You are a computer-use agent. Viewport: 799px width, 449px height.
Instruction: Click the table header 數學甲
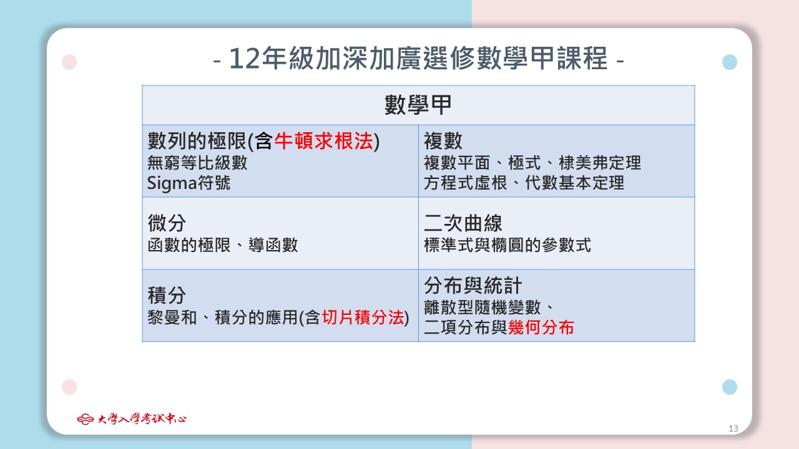(x=418, y=105)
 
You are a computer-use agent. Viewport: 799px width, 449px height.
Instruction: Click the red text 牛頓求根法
(x=324, y=141)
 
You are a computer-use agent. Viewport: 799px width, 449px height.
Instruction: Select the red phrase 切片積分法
(x=363, y=317)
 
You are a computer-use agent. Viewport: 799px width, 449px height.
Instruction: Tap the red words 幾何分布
(x=541, y=327)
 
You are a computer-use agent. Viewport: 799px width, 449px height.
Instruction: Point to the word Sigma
(x=172, y=183)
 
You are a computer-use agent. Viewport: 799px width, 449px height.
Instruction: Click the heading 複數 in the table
(x=443, y=141)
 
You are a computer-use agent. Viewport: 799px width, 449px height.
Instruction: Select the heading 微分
(x=167, y=223)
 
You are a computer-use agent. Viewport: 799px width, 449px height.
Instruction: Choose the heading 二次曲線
(x=463, y=223)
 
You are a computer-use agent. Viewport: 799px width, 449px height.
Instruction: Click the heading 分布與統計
(x=473, y=286)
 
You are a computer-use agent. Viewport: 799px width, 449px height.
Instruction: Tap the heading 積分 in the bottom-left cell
(x=167, y=296)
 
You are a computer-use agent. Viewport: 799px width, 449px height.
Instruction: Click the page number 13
(x=733, y=428)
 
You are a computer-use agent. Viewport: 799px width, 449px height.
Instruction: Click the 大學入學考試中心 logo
(x=132, y=418)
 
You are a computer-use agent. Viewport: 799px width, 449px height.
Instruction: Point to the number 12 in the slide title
(x=244, y=59)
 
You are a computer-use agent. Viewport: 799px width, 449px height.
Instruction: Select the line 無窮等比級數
(x=197, y=163)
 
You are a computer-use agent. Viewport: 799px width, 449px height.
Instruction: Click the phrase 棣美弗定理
(x=600, y=163)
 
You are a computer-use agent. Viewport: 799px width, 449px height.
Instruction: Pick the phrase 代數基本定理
(x=575, y=183)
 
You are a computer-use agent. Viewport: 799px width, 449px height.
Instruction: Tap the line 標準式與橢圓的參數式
(x=507, y=245)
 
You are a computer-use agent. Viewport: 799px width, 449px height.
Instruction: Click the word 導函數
(x=273, y=245)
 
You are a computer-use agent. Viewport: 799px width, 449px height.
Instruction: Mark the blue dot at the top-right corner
(x=730, y=62)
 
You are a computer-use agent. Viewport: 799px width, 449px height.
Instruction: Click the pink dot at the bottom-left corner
(x=69, y=387)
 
